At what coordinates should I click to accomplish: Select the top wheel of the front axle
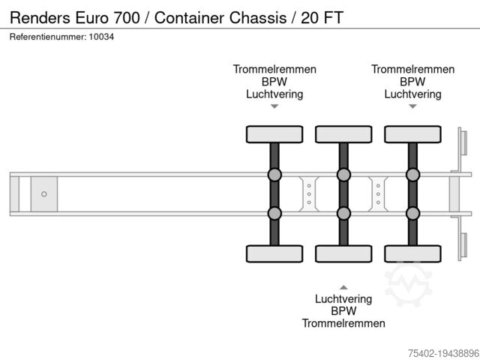[x=274, y=134]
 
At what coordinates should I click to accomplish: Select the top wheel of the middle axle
[x=343, y=134]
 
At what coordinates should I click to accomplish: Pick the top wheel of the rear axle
[x=412, y=134]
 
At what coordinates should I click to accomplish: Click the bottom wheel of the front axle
[x=274, y=253]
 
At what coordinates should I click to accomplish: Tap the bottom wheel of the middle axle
[x=343, y=253]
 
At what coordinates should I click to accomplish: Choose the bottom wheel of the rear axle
[x=412, y=253]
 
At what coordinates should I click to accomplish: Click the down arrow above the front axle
[x=274, y=106]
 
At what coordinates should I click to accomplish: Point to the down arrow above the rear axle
[x=412, y=106]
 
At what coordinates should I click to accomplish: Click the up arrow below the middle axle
[x=343, y=286]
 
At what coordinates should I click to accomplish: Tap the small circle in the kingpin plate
[x=44, y=194]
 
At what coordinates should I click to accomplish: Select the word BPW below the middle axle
[x=343, y=310]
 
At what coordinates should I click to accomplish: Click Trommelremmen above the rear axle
[x=412, y=69]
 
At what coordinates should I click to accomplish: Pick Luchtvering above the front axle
[x=274, y=94]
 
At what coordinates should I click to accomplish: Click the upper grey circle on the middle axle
[x=343, y=175]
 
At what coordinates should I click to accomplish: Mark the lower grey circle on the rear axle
[x=412, y=213]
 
